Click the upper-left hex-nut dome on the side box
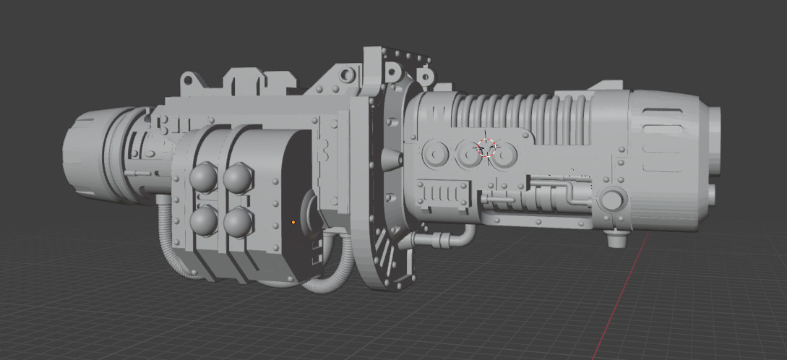tap(203, 176)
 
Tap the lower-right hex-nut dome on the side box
tap(237, 222)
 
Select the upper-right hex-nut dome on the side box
tap(237, 176)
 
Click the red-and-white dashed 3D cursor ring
tap(486, 149)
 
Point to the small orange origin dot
tap(293, 222)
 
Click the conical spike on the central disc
tap(395, 158)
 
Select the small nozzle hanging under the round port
tap(615, 238)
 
